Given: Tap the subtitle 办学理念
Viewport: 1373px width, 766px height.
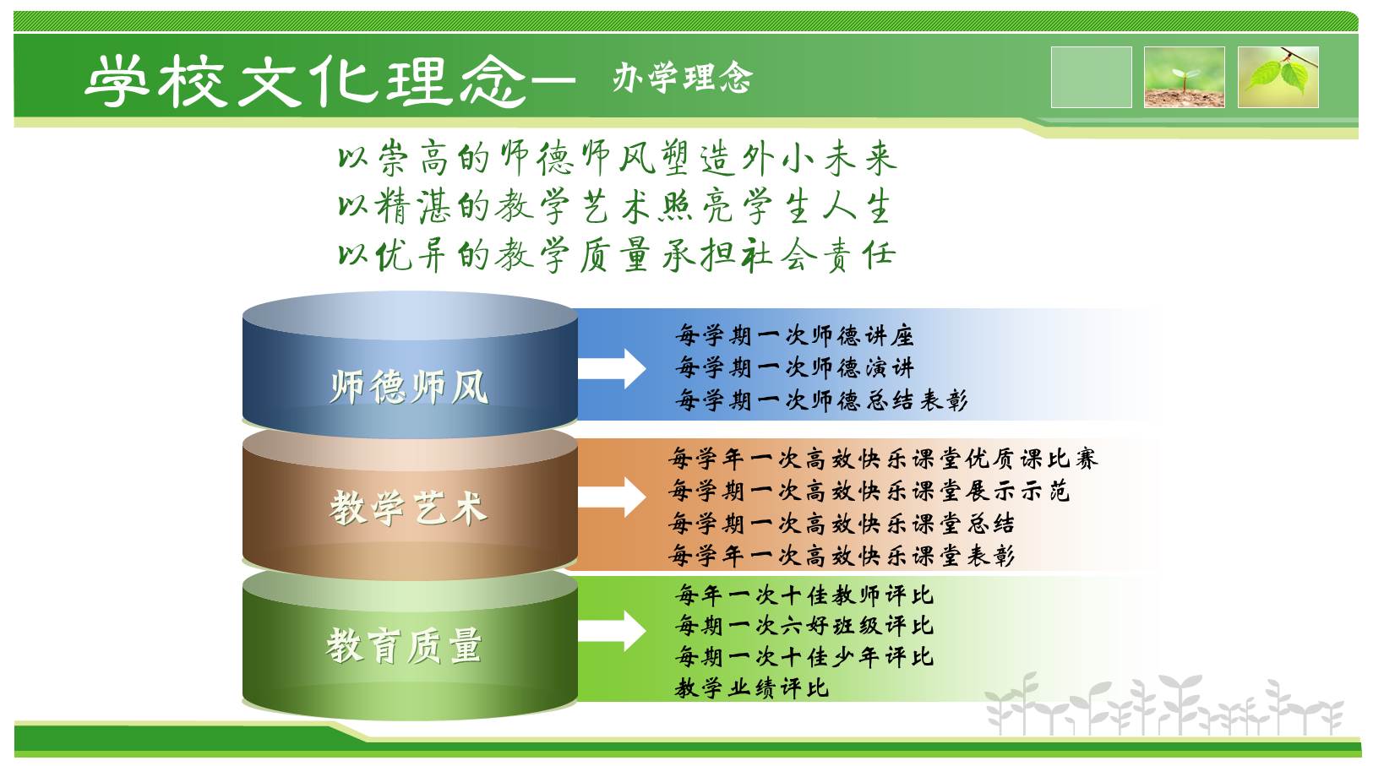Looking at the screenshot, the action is [x=682, y=78].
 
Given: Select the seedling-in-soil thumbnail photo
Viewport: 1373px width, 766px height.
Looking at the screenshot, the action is [x=1185, y=77].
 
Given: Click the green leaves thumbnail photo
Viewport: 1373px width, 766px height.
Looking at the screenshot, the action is [x=1278, y=77].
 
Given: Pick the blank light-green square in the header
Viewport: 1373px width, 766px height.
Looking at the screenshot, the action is [x=1091, y=77].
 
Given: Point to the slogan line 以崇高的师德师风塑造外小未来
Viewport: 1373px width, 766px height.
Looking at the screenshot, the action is [x=618, y=158].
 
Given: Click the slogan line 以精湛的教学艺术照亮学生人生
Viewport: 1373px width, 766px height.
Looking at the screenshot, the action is [x=614, y=207].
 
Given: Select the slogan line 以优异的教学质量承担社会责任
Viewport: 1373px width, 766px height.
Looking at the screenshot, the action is [x=617, y=255].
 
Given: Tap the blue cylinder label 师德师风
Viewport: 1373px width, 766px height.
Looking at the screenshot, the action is [x=409, y=387].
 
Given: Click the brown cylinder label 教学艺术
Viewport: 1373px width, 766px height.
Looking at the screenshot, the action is [x=409, y=508].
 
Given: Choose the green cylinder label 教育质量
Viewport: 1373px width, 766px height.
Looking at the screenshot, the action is [x=404, y=646].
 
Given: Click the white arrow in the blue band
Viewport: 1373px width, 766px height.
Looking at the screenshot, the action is [x=612, y=369].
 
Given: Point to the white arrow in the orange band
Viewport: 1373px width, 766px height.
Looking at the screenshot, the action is [x=612, y=497].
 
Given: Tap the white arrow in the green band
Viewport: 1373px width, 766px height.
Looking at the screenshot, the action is [x=612, y=631].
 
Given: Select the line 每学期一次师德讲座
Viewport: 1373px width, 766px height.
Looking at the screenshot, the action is [x=794, y=336].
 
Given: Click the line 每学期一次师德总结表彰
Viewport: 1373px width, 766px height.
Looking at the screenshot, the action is [x=821, y=400].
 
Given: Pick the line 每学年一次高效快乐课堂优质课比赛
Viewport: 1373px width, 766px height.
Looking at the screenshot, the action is [x=883, y=459].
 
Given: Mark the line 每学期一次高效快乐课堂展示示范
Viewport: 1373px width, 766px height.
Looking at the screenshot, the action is [x=869, y=491].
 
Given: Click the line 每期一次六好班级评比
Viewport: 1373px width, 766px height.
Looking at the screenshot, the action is [x=804, y=626].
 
